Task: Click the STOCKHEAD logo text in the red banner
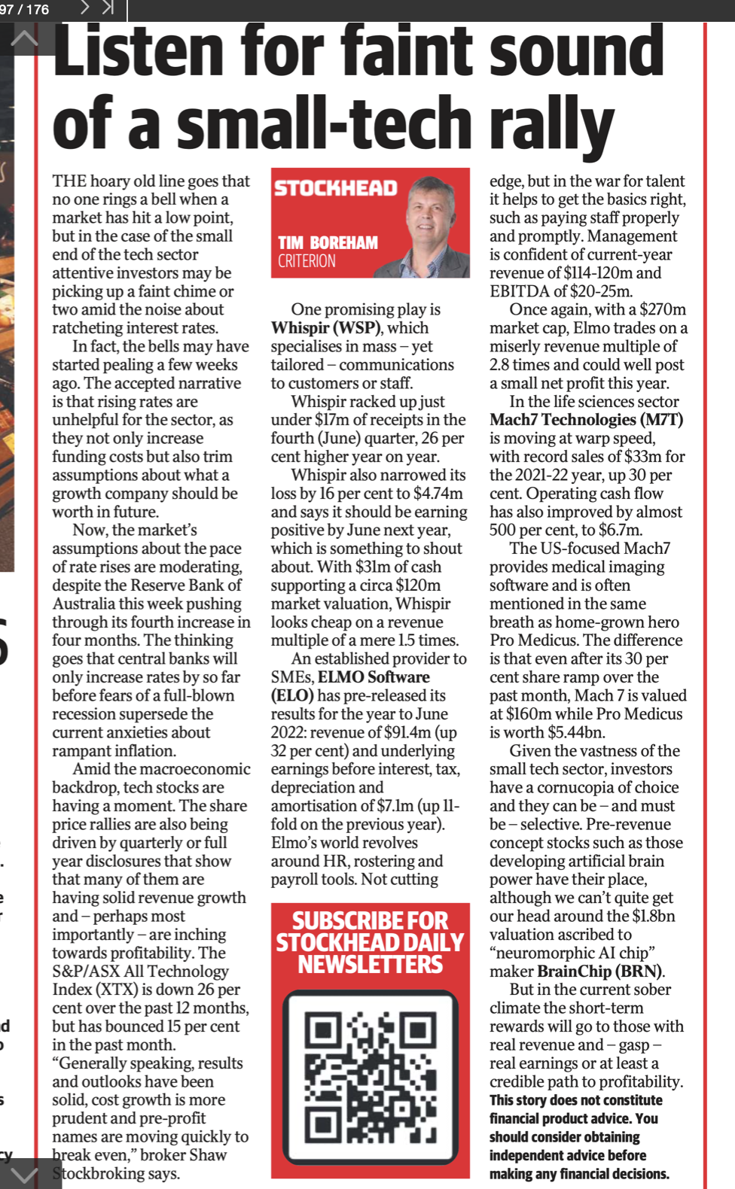coord(335,188)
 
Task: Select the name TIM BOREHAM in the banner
coord(328,242)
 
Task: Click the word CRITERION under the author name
coord(307,261)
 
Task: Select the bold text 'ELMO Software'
coord(374,677)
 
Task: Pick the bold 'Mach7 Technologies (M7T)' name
coord(586,420)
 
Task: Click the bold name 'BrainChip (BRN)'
coord(600,972)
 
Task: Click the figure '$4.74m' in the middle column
coord(438,494)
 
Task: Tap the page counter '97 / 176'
coord(25,9)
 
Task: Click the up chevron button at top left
coord(24,38)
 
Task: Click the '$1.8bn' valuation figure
coord(652,916)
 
